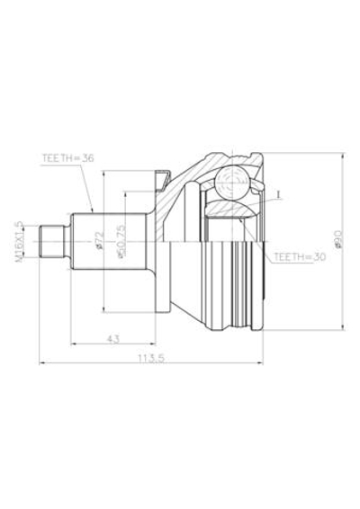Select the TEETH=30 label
(297, 257)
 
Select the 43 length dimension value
(112, 338)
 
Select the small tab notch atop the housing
(163, 177)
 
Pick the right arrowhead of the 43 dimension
(150, 344)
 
